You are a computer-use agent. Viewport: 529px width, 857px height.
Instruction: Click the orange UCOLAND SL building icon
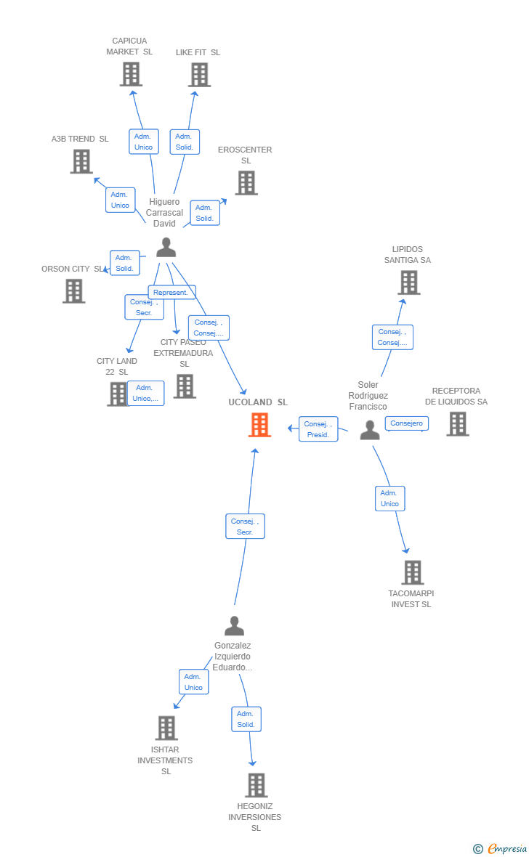click(259, 425)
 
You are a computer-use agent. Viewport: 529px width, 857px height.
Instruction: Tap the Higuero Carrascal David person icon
click(166, 248)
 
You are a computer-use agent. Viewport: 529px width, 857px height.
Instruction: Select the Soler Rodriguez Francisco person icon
click(370, 430)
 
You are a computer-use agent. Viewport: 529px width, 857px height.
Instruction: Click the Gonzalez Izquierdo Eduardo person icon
click(234, 625)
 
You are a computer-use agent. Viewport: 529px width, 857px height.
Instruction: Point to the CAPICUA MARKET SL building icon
click(131, 74)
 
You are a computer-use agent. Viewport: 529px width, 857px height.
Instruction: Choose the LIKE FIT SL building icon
click(199, 74)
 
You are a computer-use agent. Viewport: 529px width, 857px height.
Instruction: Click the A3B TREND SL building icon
click(81, 161)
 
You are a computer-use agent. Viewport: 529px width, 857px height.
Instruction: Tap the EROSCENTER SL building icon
click(246, 183)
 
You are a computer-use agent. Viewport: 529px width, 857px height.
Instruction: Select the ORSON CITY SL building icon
click(73, 291)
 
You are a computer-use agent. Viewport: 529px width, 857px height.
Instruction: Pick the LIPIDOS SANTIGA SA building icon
click(409, 283)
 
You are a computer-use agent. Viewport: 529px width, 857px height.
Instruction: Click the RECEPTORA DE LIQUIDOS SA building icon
click(458, 423)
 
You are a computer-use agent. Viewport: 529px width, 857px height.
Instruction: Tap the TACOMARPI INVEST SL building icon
click(412, 572)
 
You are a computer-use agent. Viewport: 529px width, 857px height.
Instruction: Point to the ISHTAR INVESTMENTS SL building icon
click(166, 728)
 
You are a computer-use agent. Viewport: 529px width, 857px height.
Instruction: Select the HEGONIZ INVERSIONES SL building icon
click(256, 785)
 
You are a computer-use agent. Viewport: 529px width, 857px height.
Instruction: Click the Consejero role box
click(406, 423)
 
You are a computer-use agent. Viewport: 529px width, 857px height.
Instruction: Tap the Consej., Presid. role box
click(318, 429)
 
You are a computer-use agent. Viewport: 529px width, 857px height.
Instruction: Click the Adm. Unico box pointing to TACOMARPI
click(389, 498)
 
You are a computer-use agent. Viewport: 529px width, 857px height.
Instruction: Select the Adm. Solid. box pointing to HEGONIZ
click(246, 719)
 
